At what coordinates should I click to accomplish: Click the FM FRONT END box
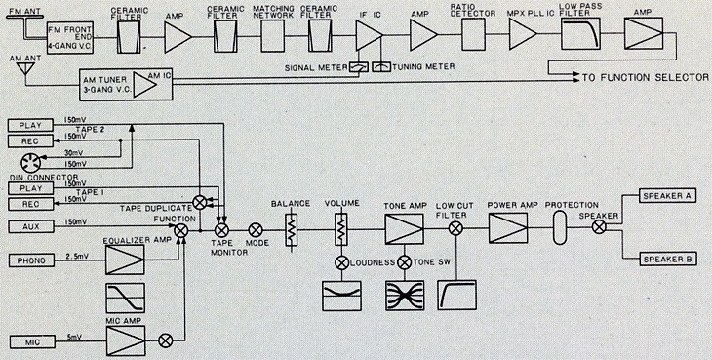point(70,37)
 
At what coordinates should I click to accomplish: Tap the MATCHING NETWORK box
point(273,36)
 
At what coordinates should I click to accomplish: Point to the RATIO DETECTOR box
point(473,34)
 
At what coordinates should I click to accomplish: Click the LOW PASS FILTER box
point(580,33)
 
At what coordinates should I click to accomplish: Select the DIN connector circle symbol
point(31,163)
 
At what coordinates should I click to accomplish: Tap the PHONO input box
point(31,260)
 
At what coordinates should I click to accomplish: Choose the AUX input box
point(31,226)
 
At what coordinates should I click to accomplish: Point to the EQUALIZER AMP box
point(125,260)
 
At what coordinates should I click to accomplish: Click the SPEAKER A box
point(667,196)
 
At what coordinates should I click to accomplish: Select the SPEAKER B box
point(667,260)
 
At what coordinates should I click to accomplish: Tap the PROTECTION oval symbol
point(561,227)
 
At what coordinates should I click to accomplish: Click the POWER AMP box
point(508,228)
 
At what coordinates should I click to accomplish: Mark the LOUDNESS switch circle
point(341,262)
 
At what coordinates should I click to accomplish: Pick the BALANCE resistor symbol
point(291,229)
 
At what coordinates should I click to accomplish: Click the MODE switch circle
point(256,230)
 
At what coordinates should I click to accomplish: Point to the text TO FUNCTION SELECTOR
point(646,78)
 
